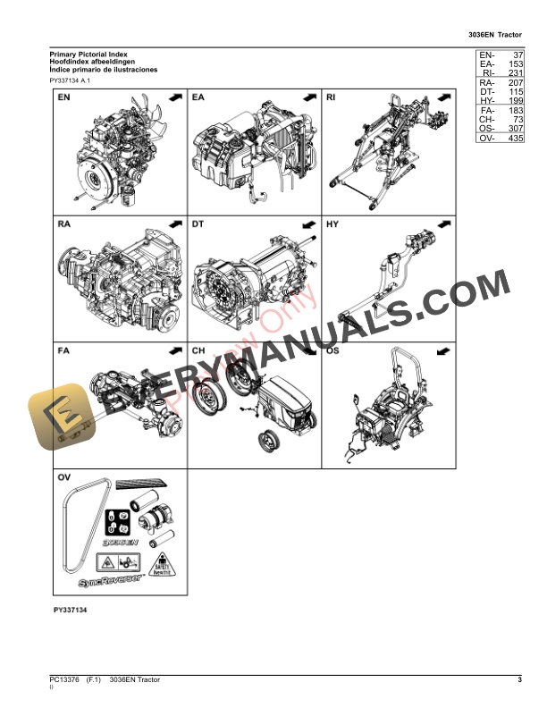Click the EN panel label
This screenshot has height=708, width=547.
[x=63, y=97]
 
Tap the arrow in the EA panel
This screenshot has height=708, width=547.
[x=308, y=97]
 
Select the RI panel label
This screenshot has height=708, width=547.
[x=331, y=97]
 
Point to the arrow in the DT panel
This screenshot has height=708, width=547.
[x=308, y=223]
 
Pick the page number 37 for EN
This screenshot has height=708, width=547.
[x=514, y=55]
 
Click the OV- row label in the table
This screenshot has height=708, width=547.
[x=486, y=139]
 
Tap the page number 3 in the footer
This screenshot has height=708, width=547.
[x=519, y=682]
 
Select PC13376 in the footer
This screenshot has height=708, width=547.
[x=64, y=682]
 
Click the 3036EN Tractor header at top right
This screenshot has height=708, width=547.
[x=494, y=34]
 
